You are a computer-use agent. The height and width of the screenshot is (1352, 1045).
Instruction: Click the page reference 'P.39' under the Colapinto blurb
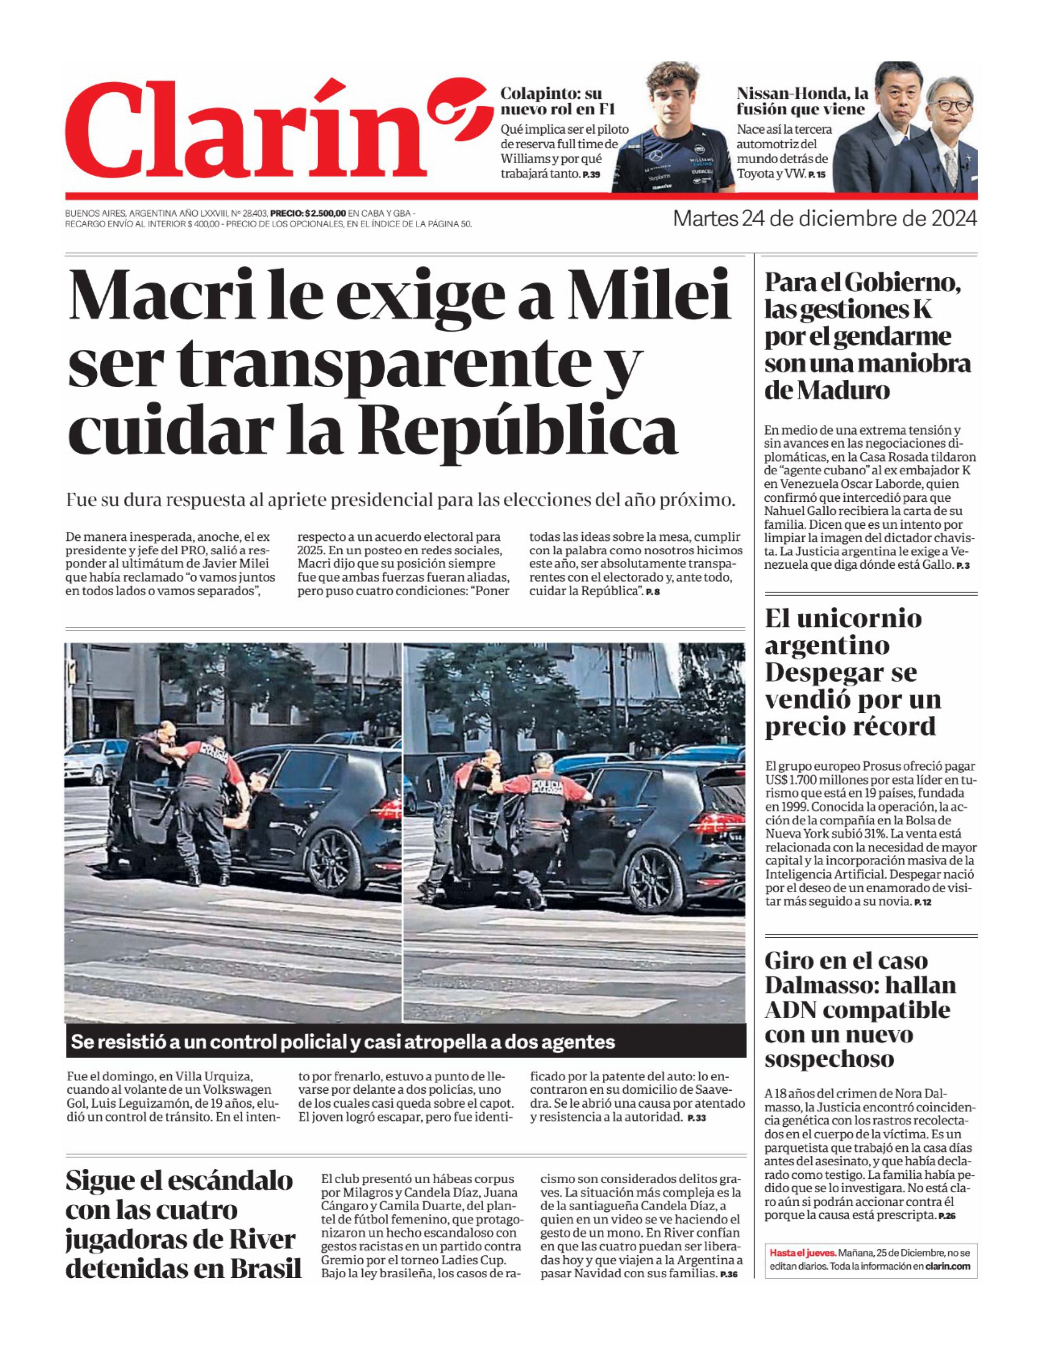[591, 176]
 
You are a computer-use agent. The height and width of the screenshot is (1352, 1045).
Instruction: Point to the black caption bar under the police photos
[405, 1042]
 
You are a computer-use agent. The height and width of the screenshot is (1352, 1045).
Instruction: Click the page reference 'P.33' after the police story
[696, 1118]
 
